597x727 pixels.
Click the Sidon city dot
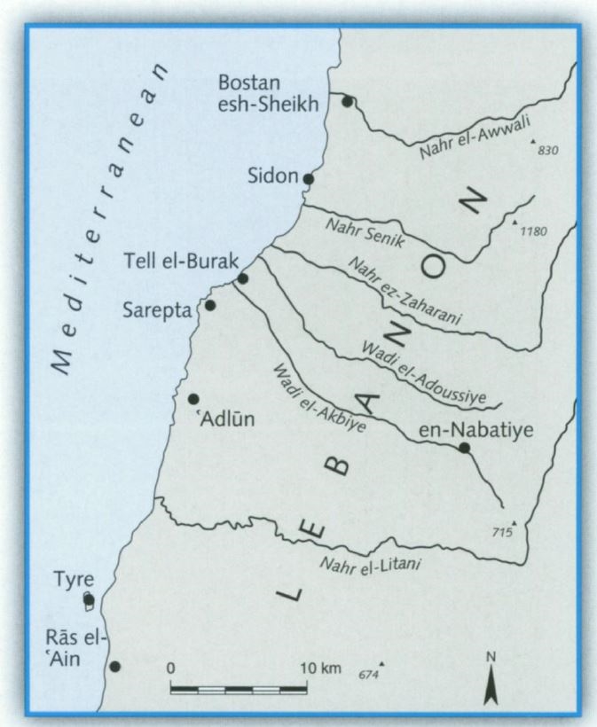(308, 178)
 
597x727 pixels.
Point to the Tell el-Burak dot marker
(242, 278)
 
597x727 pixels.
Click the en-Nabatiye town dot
(463, 448)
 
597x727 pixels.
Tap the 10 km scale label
(318, 666)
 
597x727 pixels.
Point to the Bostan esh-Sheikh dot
(349, 102)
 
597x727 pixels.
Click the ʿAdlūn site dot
(193, 399)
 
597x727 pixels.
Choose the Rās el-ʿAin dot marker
(114, 666)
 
